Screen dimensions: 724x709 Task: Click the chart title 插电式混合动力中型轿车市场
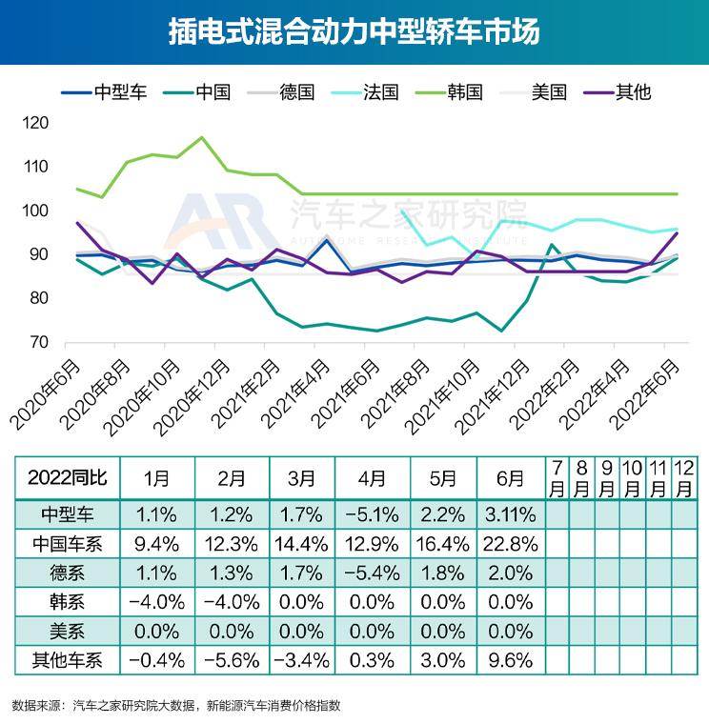click(354, 31)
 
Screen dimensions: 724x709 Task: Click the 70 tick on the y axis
click(37, 342)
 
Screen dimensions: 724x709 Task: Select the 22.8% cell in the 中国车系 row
click(511, 545)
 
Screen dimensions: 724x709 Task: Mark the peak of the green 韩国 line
click(201, 137)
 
